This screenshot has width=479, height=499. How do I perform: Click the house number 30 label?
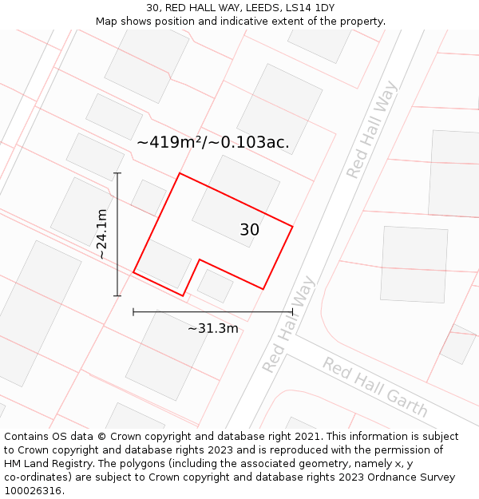249,230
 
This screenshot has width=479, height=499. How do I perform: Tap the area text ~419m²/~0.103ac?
212,143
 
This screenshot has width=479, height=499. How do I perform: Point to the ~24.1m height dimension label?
101,234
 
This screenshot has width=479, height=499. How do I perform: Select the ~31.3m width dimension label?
213,328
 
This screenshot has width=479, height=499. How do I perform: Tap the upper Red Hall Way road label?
371,129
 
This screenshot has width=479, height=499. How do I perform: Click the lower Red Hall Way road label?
288,325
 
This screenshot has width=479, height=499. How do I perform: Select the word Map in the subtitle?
108,22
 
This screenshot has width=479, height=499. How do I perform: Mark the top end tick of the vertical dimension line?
117,173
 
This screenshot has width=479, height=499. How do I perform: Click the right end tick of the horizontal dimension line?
292,311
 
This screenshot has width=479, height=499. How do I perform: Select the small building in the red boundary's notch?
215,285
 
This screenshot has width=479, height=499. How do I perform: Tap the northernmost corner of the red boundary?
180,173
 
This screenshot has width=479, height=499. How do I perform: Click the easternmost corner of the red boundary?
292,227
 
